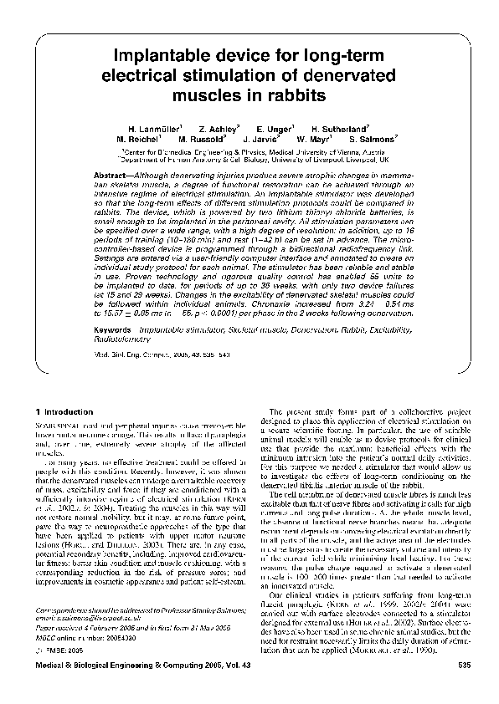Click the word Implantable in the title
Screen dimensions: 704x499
click(164, 55)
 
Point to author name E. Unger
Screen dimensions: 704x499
click(274, 128)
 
